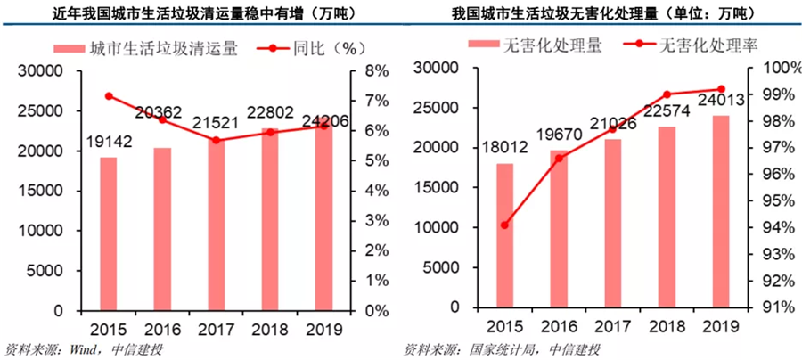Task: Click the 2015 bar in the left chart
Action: tap(108, 234)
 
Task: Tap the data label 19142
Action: tap(108, 140)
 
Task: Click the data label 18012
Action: tap(504, 144)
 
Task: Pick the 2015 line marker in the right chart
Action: tap(504, 225)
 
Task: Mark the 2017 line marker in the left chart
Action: tap(216, 140)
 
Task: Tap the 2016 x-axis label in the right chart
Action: tap(559, 327)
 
